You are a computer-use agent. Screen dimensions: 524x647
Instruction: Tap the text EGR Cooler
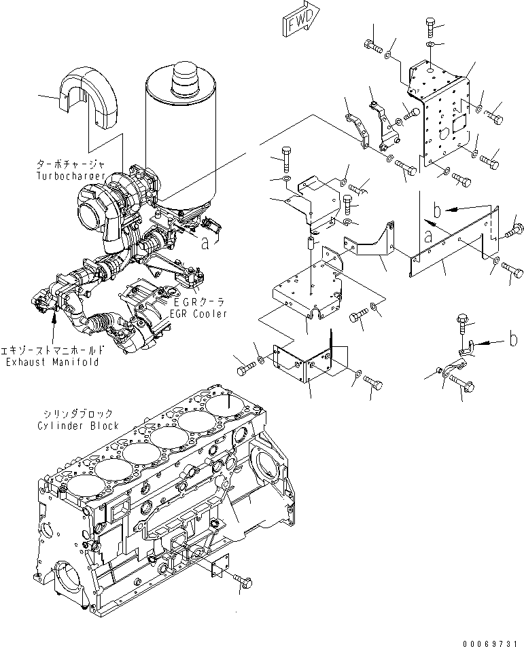coord(198,314)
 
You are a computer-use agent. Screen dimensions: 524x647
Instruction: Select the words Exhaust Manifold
coord(52,363)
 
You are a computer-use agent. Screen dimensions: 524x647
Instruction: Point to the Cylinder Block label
coord(78,426)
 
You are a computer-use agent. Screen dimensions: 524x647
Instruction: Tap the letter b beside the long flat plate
coord(438,210)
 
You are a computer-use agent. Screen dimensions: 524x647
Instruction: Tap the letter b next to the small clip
coord(514,339)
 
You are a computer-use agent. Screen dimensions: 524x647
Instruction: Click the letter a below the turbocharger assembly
coord(205,244)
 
